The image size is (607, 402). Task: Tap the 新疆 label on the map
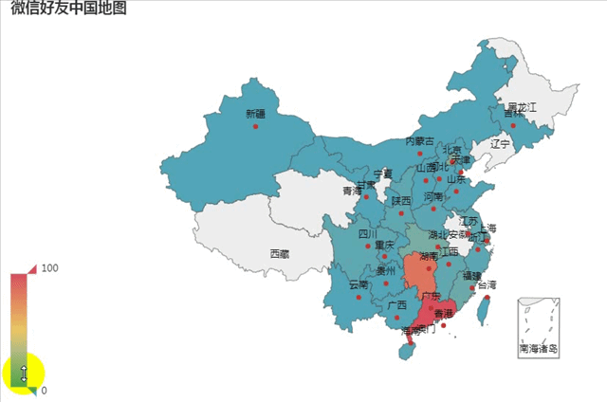tap(256, 114)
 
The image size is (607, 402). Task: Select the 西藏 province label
tap(280, 253)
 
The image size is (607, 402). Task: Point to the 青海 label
tap(352, 191)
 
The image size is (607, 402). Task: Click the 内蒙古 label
tap(419, 141)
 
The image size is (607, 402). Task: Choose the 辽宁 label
tap(500, 144)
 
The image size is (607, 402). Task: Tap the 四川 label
tap(368, 234)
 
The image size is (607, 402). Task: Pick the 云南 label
tap(359, 284)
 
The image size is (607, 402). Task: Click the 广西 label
tap(396, 304)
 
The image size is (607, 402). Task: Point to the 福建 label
tap(471, 275)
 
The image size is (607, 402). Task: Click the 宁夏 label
tap(382, 174)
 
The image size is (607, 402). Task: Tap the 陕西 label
tap(401, 200)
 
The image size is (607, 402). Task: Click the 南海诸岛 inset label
tap(538, 349)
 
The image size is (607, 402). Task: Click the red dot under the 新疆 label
tap(256, 125)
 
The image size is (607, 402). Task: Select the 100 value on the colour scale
tap(50, 268)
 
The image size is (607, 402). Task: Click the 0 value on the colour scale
tap(45, 390)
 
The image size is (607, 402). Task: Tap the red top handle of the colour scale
tap(30, 269)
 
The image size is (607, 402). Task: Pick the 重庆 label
tap(384, 245)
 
